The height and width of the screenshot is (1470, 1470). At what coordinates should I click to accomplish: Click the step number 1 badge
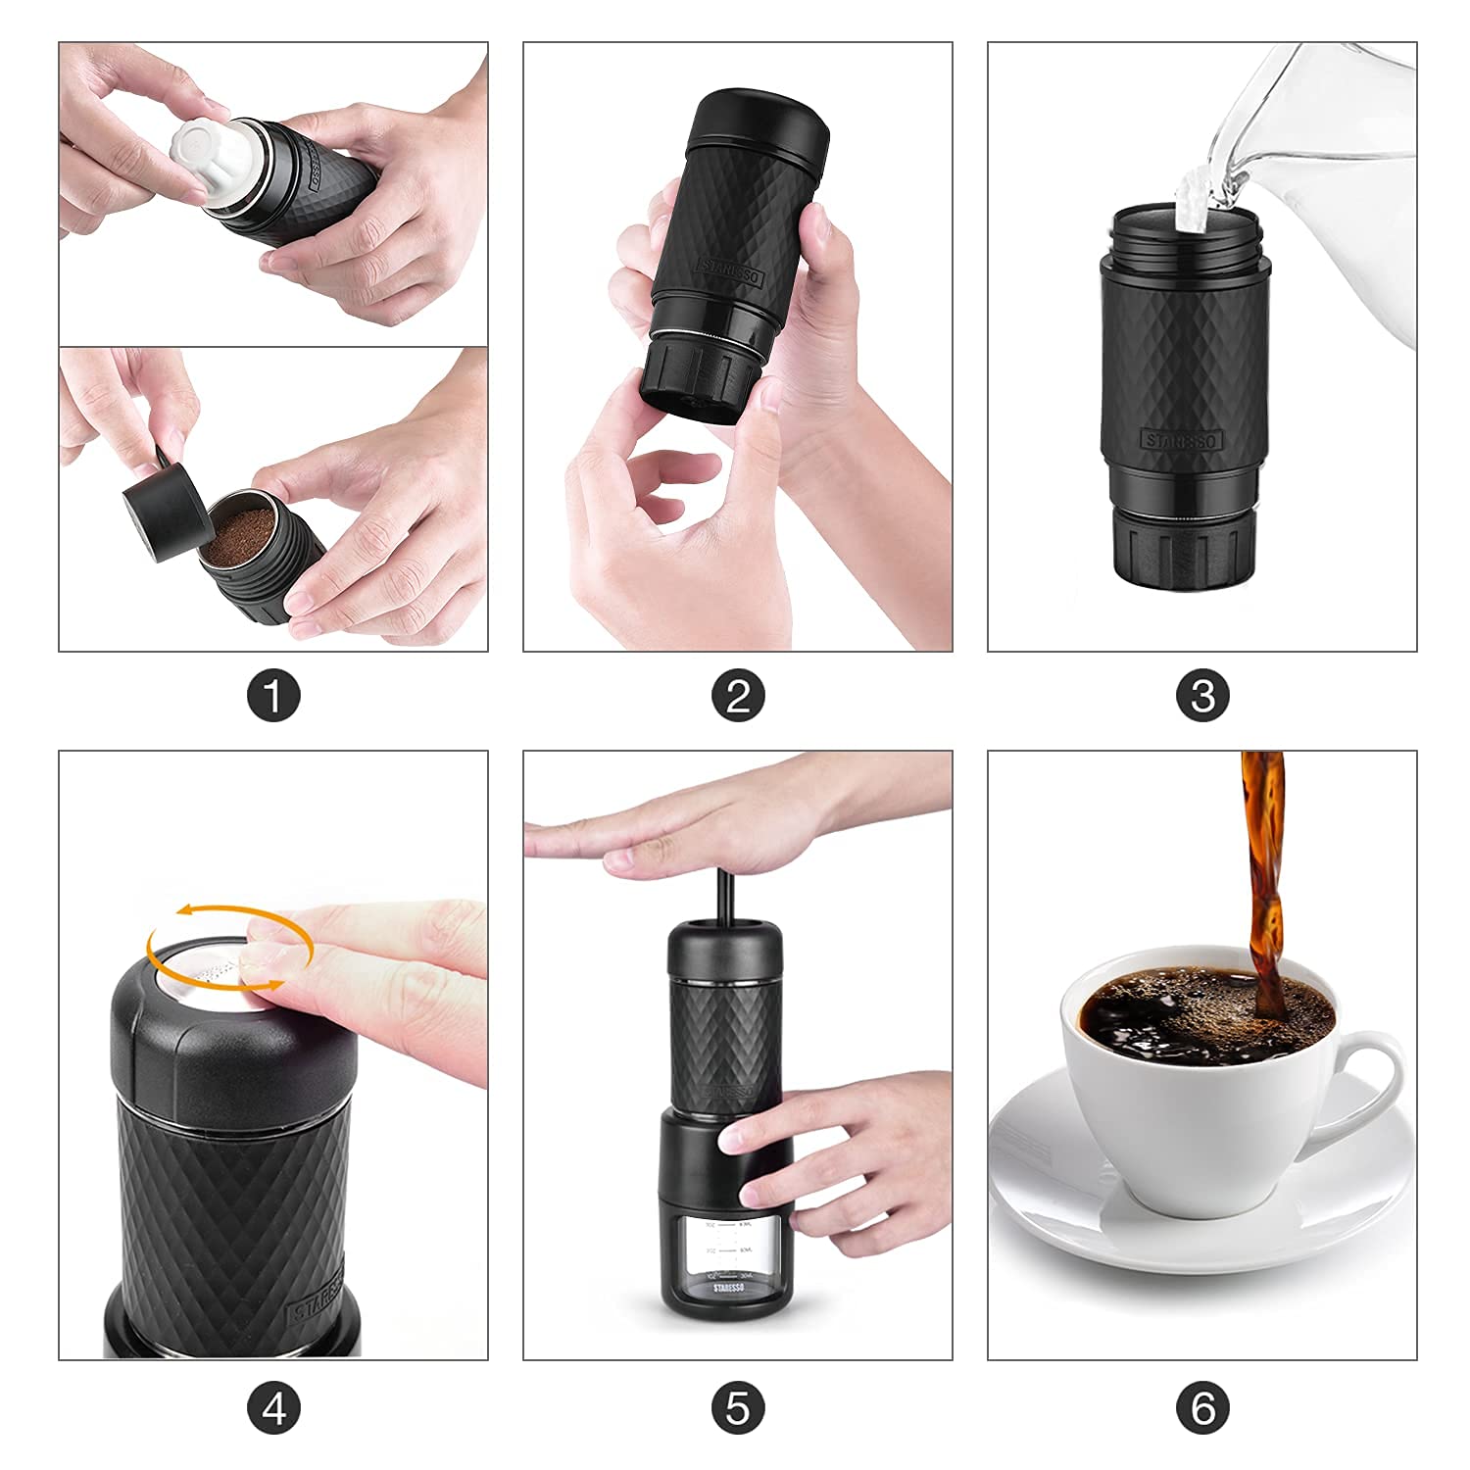273,698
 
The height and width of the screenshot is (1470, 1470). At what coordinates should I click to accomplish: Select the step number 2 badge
738,698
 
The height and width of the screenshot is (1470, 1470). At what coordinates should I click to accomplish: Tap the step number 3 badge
1202,698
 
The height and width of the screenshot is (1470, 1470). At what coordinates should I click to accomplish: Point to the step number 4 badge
273,1409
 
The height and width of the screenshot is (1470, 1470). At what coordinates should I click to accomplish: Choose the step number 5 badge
738,1409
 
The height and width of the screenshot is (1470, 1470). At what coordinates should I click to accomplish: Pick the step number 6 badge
1202,1409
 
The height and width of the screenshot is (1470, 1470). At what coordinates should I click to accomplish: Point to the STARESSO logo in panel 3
1181,440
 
